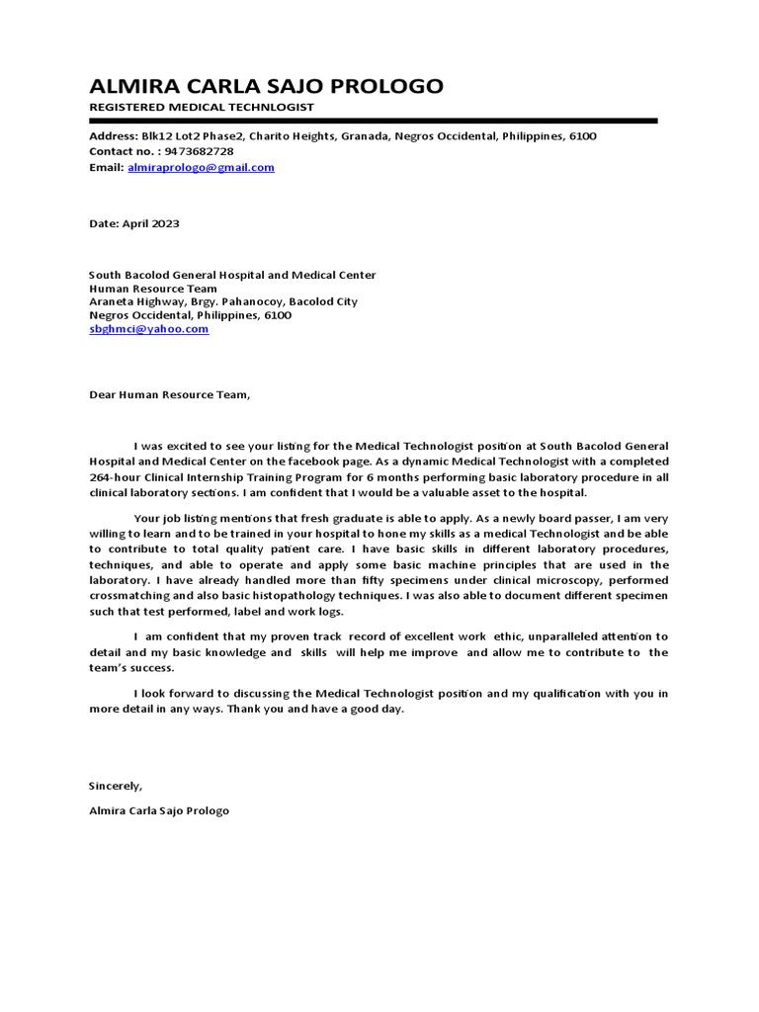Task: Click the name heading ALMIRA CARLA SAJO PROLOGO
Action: pyautogui.click(x=266, y=86)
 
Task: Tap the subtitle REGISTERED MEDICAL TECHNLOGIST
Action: pyautogui.click(x=202, y=107)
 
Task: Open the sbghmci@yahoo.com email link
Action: pyautogui.click(x=148, y=329)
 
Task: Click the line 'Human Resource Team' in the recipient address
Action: pyautogui.click(x=153, y=289)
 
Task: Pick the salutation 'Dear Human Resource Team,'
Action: pyautogui.click(x=170, y=395)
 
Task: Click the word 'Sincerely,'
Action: pyautogui.click(x=116, y=786)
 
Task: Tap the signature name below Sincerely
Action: pyautogui.click(x=159, y=810)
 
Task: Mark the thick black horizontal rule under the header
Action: pyautogui.click(x=373, y=121)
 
